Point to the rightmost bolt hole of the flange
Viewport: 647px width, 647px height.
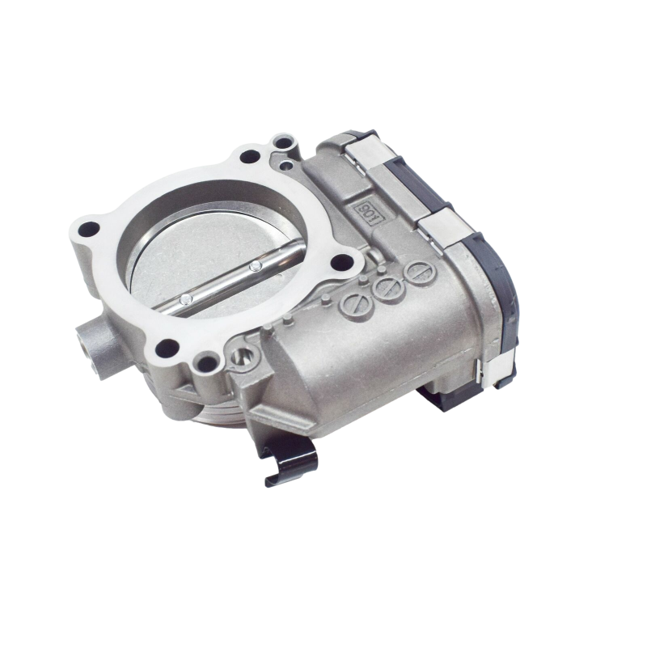pyautogui.click(x=347, y=260)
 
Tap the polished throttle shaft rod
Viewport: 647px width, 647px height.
pyautogui.click(x=226, y=279)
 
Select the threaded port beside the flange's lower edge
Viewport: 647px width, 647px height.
pyautogui.click(x=240, y=357)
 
